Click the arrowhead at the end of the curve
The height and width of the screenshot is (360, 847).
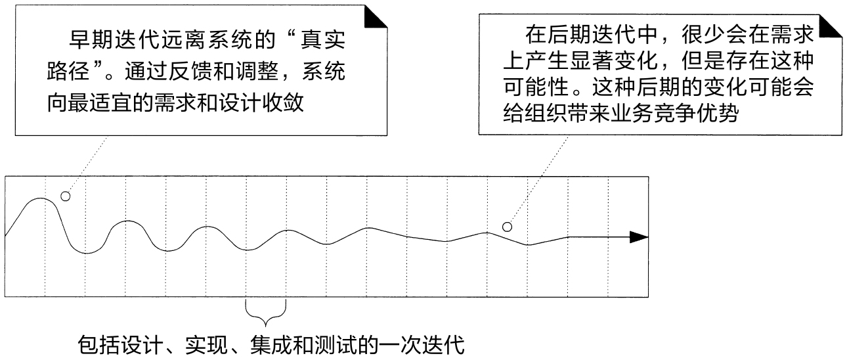click(x=638, y=237)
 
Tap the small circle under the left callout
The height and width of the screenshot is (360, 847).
click(x=64, y=196)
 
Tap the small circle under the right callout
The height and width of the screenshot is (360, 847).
click(x=506, y=227)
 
